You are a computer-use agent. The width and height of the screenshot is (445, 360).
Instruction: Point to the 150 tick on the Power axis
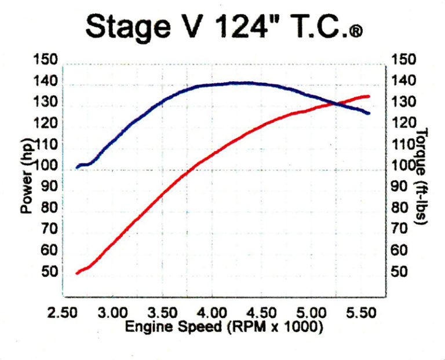point(46,60)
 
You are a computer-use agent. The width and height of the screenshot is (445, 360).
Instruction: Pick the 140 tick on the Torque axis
point(404,81)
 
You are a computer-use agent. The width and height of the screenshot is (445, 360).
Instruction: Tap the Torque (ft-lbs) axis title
point(422,177)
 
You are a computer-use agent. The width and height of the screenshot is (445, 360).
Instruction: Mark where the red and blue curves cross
point(335,104)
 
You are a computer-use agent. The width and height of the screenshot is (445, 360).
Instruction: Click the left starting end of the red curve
point(78,273)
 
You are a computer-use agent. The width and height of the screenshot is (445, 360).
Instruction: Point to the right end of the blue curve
point(369,113)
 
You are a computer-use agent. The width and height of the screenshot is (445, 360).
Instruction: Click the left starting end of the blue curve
point(78,167)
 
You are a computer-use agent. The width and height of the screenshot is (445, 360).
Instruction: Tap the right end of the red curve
point(369,96)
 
